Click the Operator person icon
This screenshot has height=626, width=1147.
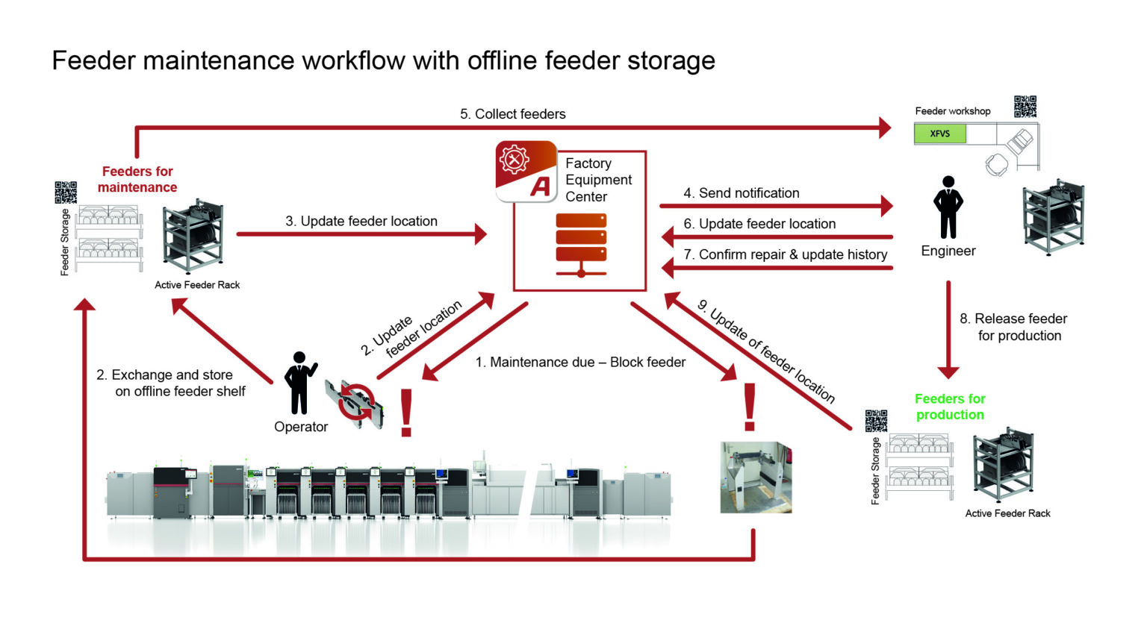click(299, 383)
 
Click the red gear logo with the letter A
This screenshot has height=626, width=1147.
click(526, 171)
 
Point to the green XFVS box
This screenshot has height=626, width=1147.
click(939, 134)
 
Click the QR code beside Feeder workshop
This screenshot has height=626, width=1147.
click(1025, 107)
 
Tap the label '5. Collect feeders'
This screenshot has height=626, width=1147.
click(512, 114)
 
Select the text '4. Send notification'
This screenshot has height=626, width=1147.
click(741, 193)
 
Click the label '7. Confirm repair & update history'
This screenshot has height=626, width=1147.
click(785, 254)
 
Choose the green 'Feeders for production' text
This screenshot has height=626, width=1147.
click(950, 407)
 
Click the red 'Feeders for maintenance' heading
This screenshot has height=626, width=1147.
click(137, 179)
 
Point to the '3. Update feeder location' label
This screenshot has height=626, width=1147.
click(361, 221)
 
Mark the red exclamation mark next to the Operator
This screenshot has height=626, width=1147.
click(406, 412)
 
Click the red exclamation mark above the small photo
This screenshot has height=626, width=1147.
click(749, 407)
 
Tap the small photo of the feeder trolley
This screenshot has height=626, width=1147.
click(755, 478)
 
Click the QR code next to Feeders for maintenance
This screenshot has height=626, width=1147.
click(66, 192)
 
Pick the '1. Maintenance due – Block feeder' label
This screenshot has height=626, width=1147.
click(580, 362)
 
